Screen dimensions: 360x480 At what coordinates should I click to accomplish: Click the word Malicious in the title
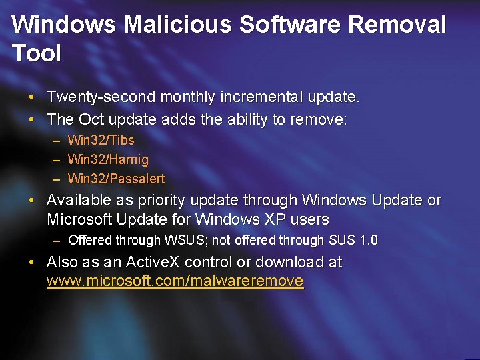point(177,25)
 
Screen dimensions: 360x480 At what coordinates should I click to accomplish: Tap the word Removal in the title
point(397,25)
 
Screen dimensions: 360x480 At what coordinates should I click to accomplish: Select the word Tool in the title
point(36,53)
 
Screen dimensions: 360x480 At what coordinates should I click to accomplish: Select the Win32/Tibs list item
point(101,140)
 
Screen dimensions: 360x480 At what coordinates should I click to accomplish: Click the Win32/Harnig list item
point(108,159)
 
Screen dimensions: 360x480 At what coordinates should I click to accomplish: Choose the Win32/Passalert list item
point(116,179)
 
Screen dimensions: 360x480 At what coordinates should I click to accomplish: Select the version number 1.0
point(367,240)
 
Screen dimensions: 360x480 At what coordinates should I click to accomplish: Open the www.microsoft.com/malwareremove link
point(175,281)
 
